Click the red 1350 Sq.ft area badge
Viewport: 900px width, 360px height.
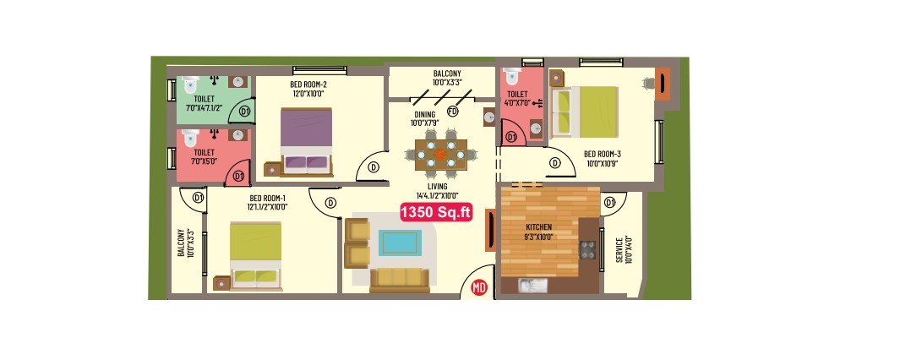click(x=436, y=212)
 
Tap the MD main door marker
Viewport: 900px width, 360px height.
click(x=478, y=287)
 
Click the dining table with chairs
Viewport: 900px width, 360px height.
click(x=441, y=155)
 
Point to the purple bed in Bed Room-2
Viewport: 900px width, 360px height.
click(x=307, y=140)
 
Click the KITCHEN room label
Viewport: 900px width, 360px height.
click(x=538, y=227)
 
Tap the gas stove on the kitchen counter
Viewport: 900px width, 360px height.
click(x=587, y=250)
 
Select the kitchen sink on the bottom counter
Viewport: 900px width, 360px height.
click(x=534, y=286)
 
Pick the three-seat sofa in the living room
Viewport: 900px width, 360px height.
click(x=399, y=280)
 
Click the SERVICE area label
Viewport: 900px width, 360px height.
click(x=620, y=250)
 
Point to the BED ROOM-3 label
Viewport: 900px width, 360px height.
click(x=603, y=154)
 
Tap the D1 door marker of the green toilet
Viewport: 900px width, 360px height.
click(x=245, y=112)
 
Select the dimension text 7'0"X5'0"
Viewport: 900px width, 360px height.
click(x=205, y=161)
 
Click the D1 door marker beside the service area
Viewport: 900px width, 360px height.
click(x=609, y=202)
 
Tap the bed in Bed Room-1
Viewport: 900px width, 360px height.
click(x=256, y=256)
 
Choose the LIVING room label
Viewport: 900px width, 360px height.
click(x=438, y=187)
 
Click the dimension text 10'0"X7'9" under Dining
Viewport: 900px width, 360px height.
click(x=425, y=123)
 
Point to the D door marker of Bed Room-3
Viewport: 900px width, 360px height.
click(x=555, y=163)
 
